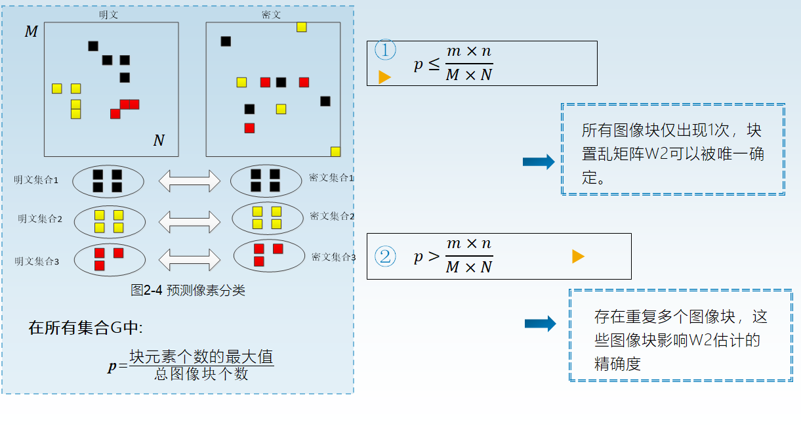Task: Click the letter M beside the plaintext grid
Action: click(x=31, y=32)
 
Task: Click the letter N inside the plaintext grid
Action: click(x=159, y=140)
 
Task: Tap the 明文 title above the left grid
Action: click(x=108, y=14)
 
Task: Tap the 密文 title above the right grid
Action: click(x=271, y=14)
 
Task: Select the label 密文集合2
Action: click(x=332, y=216)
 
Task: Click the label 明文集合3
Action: click(x=37, y=261)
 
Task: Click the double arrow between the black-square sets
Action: click(x=190, y=181)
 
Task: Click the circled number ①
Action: click(x=385, y=51)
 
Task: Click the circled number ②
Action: click(x=385, y=256)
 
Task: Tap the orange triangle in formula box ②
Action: click(x=578, y=257)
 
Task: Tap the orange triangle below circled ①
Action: click(x=384, y=77)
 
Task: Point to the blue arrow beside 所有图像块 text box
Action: click(x=539, y=162)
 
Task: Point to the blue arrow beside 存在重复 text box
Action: click(x=540, y=323)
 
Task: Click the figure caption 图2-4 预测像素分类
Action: click(x=188, y=291)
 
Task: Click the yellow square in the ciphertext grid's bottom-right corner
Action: click(x=335, y=152)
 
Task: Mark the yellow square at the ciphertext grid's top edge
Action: click(x=302, y=27)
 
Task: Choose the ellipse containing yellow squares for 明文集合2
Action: click(x=110, y=222)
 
